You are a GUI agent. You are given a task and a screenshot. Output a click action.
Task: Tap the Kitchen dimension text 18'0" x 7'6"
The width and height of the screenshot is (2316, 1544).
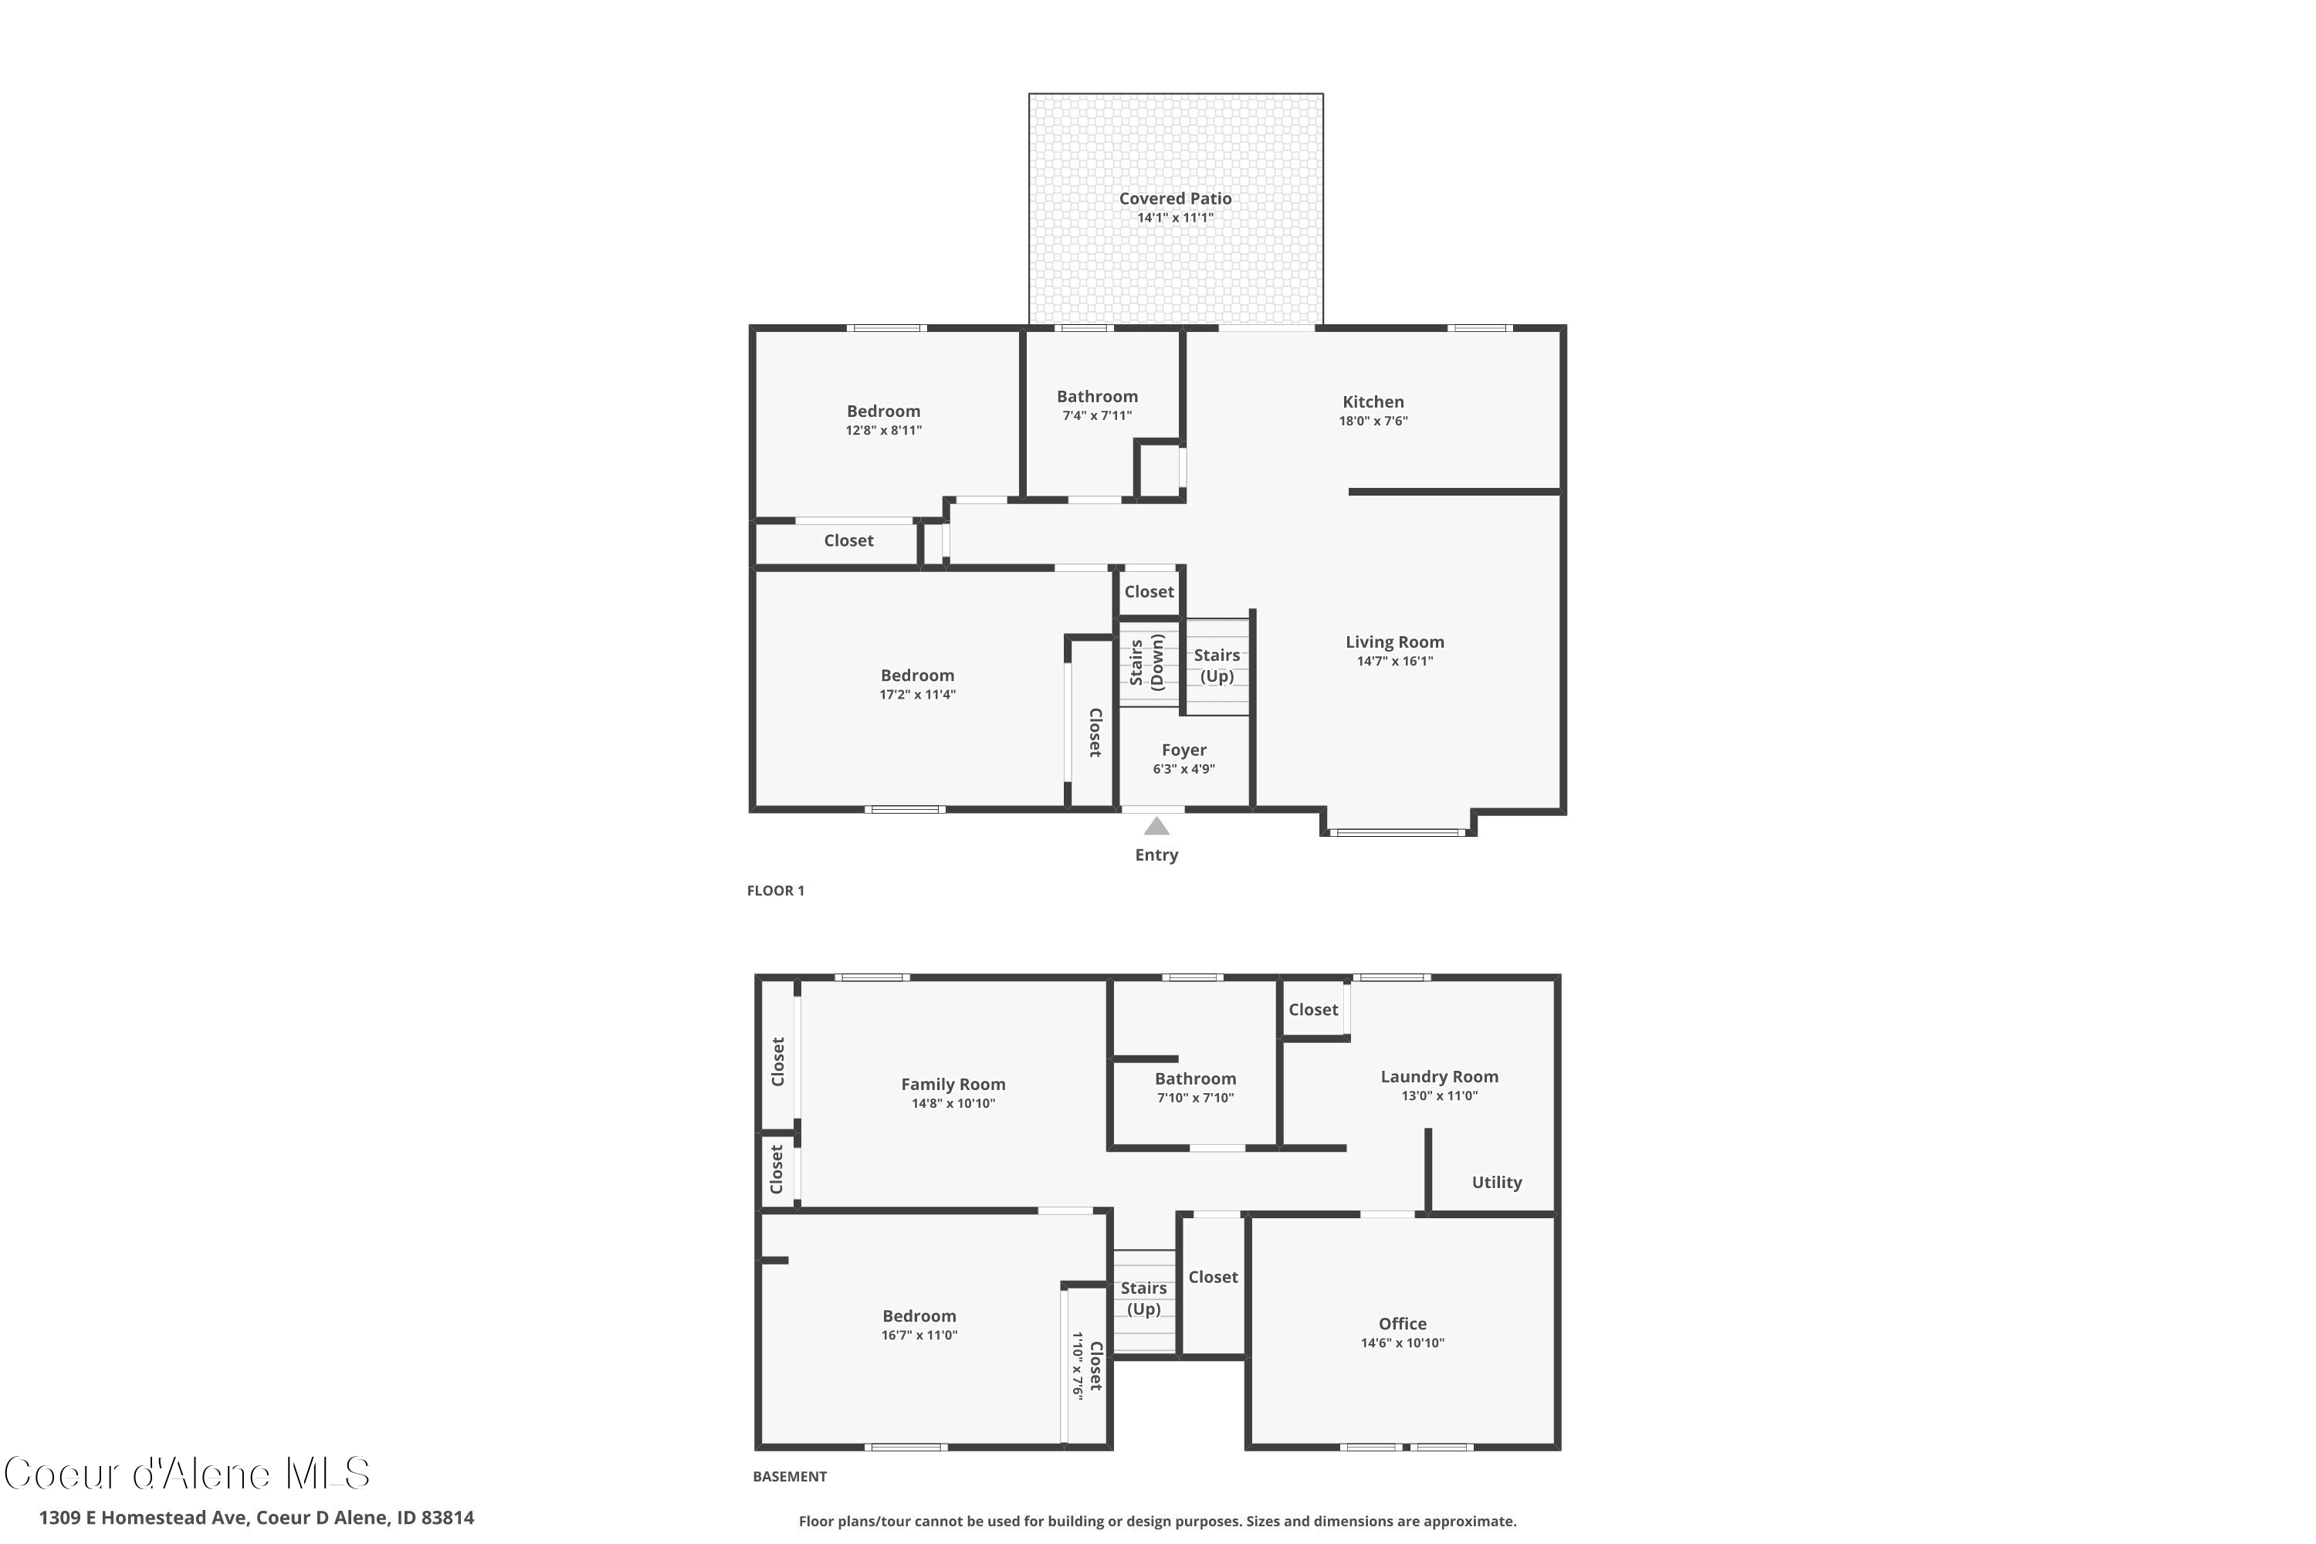click(1373, 422)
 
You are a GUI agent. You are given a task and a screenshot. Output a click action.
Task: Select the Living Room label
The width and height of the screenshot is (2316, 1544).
click(1394, 642)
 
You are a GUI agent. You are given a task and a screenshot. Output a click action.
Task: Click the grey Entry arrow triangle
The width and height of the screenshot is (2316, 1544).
click(1156, 827)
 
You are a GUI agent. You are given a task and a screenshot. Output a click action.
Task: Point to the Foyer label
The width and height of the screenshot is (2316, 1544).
click(1183, 750)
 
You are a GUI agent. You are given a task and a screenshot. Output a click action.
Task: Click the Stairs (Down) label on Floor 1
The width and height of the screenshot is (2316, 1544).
click(1147, 662)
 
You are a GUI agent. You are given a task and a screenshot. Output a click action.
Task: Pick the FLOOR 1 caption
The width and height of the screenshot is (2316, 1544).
click(775, 891)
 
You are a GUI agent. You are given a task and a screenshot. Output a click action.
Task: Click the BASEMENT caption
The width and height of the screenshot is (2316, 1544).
click(789, 1476)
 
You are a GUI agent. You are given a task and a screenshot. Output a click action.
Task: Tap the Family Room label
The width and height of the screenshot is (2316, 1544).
click(952, 1084)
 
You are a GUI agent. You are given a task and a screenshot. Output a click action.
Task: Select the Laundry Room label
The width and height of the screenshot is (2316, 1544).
click(1439, 1077)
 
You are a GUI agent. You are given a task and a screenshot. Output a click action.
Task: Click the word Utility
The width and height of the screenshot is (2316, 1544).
click(1496, 1183)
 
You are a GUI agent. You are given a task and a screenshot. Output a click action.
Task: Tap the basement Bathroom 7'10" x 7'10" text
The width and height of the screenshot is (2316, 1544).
click(1194, 1098)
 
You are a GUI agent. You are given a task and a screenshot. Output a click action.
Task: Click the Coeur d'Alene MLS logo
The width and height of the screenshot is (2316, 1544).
click(187, 1474)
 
